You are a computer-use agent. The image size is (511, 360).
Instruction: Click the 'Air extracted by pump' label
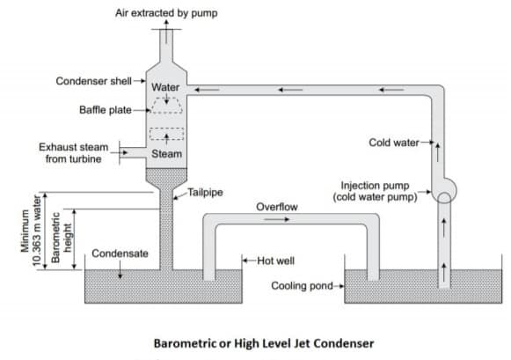point(165,13)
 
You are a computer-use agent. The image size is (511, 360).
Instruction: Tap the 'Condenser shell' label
point(92,81)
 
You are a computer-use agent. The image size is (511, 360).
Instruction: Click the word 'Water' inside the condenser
point(165,87)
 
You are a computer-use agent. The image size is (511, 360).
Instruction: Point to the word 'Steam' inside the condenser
point(166,153)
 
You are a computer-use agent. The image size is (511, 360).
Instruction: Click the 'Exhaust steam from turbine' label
point(72,153)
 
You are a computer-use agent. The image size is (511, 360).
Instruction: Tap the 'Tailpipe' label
point(207,194)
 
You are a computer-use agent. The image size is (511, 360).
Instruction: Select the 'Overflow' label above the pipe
point(277,207)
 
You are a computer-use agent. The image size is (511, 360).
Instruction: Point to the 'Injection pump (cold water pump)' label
point(379,191)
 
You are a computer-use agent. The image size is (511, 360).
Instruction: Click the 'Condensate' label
point(120,253)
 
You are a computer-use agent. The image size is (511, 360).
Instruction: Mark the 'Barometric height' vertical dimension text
point(54,238)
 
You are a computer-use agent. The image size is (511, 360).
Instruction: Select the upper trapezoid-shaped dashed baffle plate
point(166,105)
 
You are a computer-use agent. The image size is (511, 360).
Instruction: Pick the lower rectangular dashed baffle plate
point(166,134)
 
